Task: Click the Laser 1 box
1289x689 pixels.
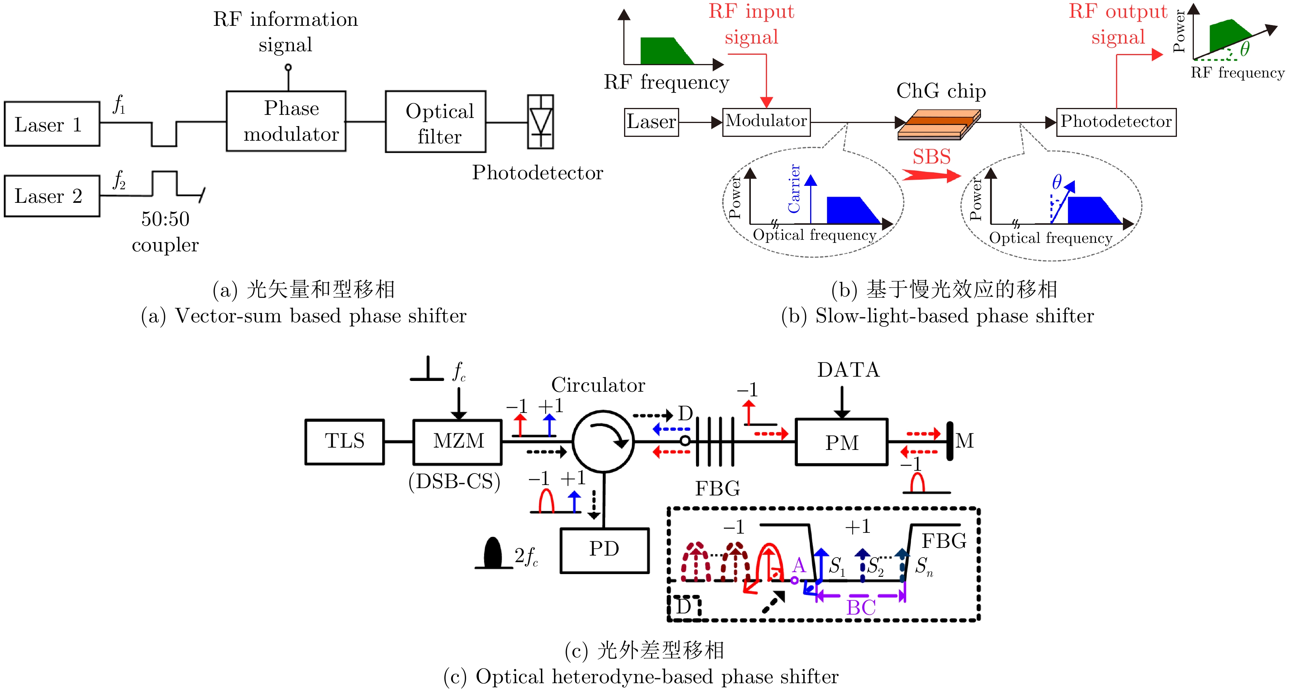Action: pyautogui.click(x=52, y=124)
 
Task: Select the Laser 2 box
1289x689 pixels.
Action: pyautogui.click(x=52, y=196)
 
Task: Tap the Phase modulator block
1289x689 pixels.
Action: pyautogui.click(x=286, y=121)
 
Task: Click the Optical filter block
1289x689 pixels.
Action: pyautogui.click(x=435, y=122)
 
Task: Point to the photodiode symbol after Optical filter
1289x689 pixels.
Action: pyautogui.click(x=540, y=122)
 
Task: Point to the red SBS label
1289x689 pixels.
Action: pyautogui.click(x=931, y=157)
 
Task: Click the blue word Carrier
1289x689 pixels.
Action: pyautogui.click(x=794, y=189)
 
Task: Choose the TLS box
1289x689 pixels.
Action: pyautogui.click(x=345, y=441)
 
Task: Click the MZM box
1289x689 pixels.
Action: pyautogui.click(x=458, y=441)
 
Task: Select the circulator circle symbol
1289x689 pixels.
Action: pyautogui.click(x=603, y=441)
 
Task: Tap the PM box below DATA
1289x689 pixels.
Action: pyautogui.click(x=842, y=443)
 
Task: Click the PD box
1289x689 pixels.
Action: pyautogui.click(x=604, y=550)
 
